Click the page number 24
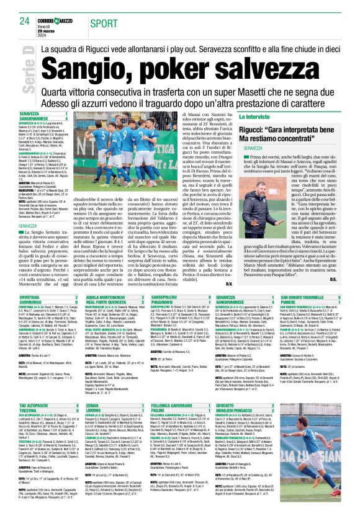tap(24, 21)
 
